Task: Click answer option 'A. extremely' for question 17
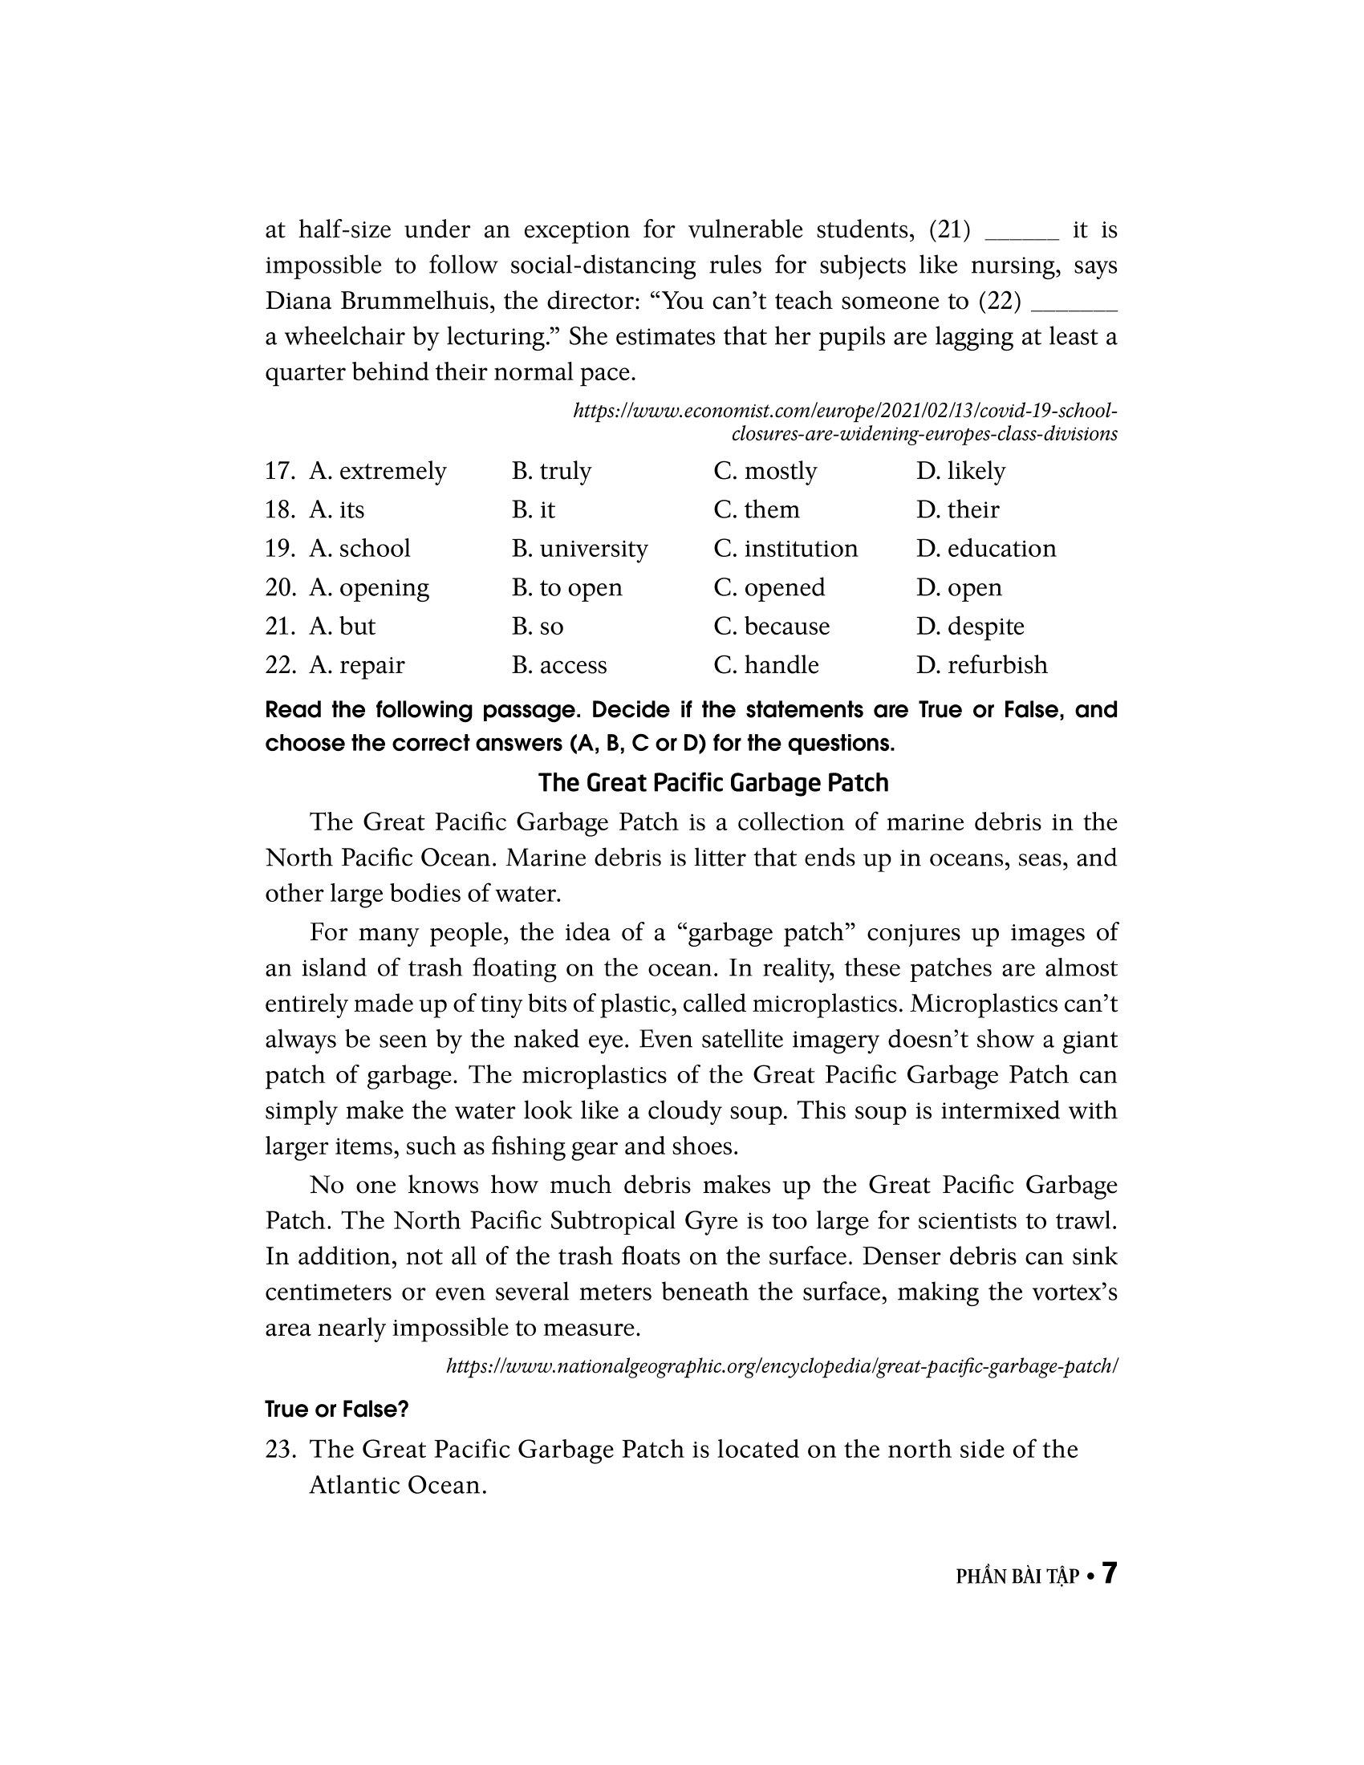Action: pos(377,470)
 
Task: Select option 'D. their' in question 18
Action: pos(957,509)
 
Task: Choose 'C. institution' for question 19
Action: pos(786,548)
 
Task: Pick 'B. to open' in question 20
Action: pos(566,586)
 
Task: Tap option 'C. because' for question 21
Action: pos(772,627)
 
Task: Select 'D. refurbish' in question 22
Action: pos(982,664)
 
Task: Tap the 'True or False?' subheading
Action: pos(337,1409)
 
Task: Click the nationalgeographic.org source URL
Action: pos(781,1365)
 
